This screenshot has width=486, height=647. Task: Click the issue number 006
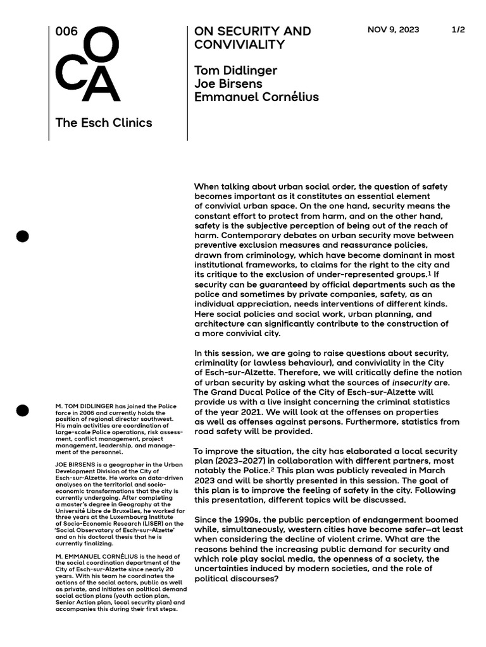66,32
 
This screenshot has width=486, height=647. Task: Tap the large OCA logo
88,64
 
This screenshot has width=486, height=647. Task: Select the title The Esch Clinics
104,123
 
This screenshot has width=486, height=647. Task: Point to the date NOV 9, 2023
393,30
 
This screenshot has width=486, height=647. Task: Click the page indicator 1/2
458,30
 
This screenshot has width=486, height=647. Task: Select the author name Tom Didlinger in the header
235,70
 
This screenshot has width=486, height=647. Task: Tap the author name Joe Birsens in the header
228,83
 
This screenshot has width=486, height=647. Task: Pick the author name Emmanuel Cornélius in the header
256,97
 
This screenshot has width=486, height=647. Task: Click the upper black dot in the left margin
22,236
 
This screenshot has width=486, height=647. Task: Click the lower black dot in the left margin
22,410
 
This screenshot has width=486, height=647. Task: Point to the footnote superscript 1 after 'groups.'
431,274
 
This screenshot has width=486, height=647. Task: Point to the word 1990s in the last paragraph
251,520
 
